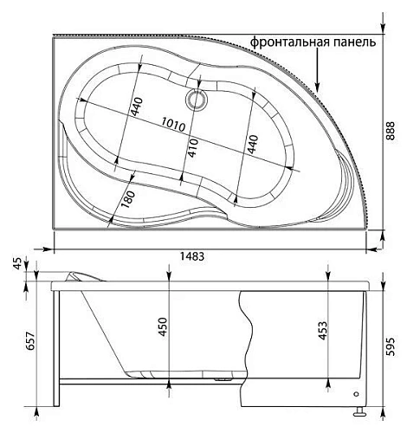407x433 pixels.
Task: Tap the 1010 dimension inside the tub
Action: (x=173, y=126)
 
